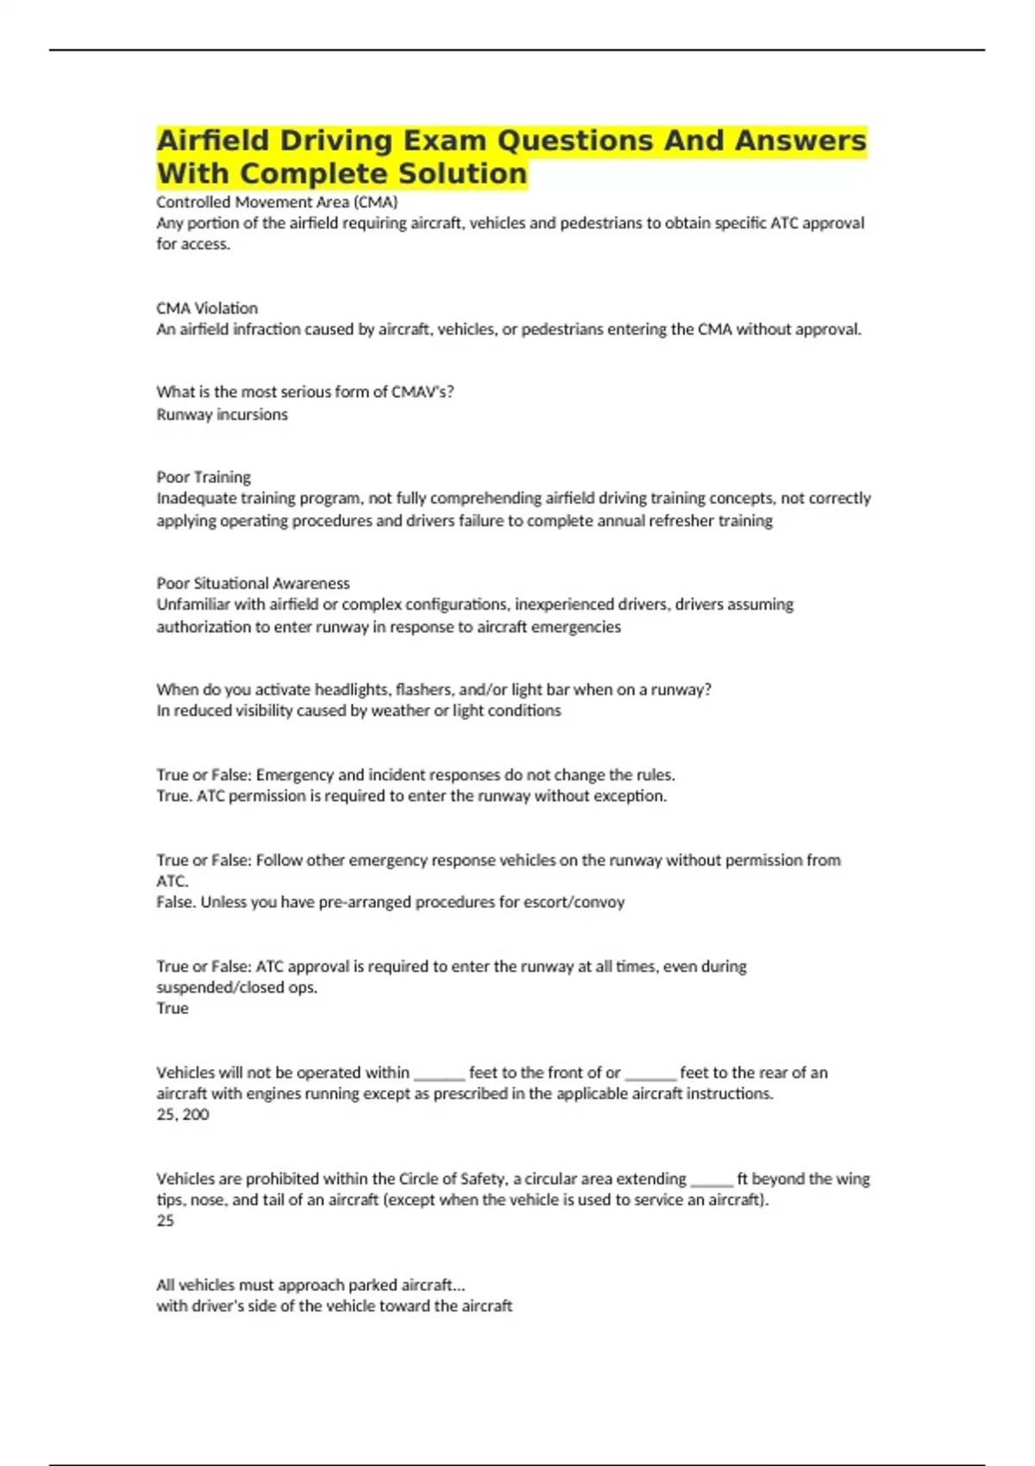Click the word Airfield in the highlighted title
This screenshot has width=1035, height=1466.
[x=212, y=140]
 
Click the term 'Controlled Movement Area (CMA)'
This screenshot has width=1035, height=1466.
[x=277, y=202]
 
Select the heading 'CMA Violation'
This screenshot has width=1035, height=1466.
[x=207, y=308]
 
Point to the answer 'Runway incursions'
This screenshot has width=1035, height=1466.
[x=222, y=414]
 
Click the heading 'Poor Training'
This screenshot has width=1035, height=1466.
[x=204, y=477]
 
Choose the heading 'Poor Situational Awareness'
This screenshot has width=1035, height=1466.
[x=253, y=583]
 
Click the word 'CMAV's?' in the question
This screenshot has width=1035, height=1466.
[x=423, y=392]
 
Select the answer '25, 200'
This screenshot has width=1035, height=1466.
[x=183, y=1114]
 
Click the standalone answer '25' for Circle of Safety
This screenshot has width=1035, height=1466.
[x=165, y=1220]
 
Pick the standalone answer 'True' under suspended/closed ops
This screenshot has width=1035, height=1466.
[x=172, y=1008]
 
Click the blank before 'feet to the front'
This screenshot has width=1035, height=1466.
[x=439, y=1074]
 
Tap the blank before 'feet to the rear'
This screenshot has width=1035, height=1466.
[x=650, y=1074]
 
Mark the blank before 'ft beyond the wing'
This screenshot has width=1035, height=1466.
[x=712, y=1180]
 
